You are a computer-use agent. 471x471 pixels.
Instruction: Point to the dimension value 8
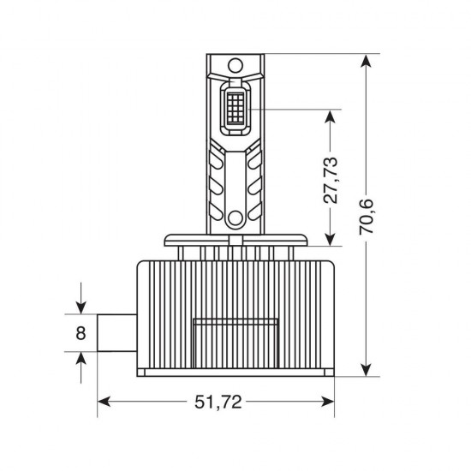click(81, 332)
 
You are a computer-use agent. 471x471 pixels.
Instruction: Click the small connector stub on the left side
click(116, 332)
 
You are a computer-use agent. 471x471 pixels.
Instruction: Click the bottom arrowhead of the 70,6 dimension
click(367, 369)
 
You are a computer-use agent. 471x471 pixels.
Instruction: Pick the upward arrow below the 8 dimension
click(81, 360)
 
